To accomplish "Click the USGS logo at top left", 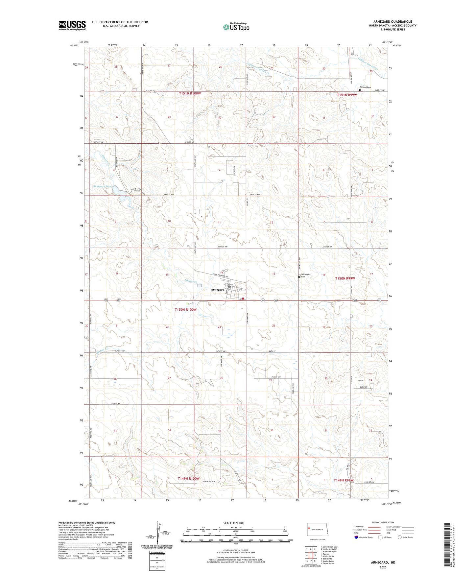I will pos(72,25).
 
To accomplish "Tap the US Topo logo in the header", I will pos(236,27).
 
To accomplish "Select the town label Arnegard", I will pos(218,290).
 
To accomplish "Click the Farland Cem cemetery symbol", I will pos(360,90).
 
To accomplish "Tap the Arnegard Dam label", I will pos(103,186).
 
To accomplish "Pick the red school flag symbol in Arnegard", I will pos(243,299).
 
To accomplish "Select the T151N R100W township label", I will pos(190,93).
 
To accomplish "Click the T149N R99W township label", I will pos(344,480).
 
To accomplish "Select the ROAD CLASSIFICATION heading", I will pos(383,522).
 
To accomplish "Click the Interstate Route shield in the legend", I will pos(356,537).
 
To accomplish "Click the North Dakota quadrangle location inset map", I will pos(317,530).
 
